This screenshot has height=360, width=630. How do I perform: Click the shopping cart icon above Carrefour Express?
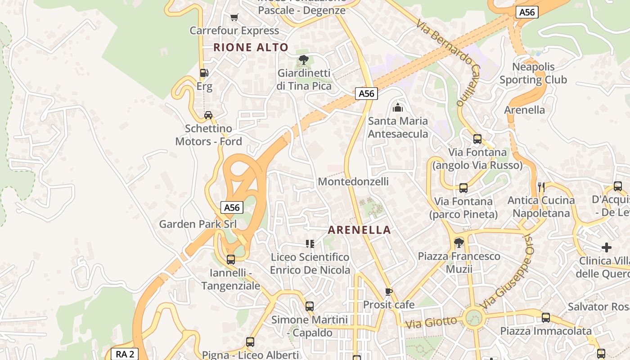(x=234, y=18)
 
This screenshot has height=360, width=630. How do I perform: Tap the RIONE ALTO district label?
(x=251, y=47)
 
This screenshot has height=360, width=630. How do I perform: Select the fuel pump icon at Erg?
(x=204, y=72)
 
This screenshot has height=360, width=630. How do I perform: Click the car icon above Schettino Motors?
(x=208, y=115)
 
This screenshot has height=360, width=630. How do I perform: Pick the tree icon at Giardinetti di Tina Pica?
(x=304, y=59)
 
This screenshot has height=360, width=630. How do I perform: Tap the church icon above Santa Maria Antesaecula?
(x=398, y=108)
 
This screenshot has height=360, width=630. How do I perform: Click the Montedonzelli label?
(x=353, y=181)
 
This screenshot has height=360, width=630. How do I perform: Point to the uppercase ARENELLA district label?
(x=359, y=230)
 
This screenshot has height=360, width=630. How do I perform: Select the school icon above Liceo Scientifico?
(x=310, y=244)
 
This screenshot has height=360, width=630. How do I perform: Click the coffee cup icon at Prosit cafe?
(x=389, y=292)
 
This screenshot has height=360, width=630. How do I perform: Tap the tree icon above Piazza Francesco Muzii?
(x=459, y=243)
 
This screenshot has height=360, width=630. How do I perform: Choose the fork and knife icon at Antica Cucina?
(x=541, y=187)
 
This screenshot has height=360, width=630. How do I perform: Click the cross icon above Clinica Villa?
(x=607, y=247)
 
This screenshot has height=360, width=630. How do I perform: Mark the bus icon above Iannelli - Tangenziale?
(x=231, y=260)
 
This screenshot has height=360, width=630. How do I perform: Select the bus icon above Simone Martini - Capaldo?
(x=310, y=306)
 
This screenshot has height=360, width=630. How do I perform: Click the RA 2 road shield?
(x=125, y=354)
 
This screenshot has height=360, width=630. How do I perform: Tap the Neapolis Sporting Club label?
(x=533, y=73)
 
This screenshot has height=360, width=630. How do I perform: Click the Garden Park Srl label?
(x=198, y=224)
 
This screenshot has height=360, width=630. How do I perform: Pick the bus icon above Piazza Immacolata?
(x=546, y=318)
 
